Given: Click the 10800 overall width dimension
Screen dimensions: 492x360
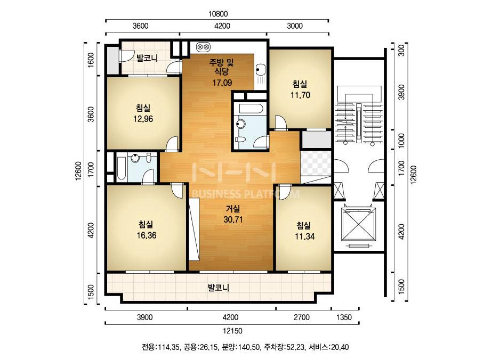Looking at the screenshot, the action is click(218, 14).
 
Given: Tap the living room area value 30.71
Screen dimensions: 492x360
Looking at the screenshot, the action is click(233, 219).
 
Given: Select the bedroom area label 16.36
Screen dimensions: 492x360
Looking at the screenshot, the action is click(147, 235).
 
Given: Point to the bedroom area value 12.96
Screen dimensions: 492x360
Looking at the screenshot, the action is click(143, 119).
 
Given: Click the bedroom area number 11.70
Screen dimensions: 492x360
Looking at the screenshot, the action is click(300, 95).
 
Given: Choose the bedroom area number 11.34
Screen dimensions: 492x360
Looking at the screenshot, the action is click(305, 236).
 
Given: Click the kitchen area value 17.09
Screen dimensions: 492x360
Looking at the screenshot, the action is click(222, 83).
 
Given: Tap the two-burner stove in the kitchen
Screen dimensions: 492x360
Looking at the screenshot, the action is click(203, 47).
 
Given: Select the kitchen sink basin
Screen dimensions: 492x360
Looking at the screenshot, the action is click(260, 69).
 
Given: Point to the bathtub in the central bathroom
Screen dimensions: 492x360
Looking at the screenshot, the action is click(251, 109).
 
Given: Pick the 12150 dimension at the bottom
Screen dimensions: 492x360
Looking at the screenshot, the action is click(232, 331).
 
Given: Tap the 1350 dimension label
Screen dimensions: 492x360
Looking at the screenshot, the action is click(344, 317).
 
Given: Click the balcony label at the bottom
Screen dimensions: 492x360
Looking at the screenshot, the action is click(219, 288).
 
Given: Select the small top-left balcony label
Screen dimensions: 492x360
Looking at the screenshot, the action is click(147, 58).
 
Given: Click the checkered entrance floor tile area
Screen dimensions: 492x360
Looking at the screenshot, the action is click(316, 163).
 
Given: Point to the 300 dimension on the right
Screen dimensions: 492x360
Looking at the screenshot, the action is click(401, 50).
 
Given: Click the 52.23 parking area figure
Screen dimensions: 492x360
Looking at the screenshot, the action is click(295, 347).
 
